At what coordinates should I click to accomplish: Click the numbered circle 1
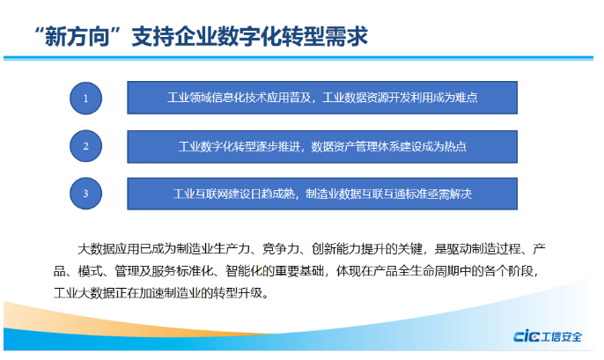click(86, 99)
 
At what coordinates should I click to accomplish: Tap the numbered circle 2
click(86, 146)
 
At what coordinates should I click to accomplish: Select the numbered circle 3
click(86, 194)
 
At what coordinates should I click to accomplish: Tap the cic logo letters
click(527, 335)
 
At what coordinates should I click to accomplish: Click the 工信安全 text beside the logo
click(561, 336)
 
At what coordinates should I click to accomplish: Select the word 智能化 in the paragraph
click(244, 271)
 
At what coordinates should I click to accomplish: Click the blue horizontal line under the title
click(298, 58)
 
